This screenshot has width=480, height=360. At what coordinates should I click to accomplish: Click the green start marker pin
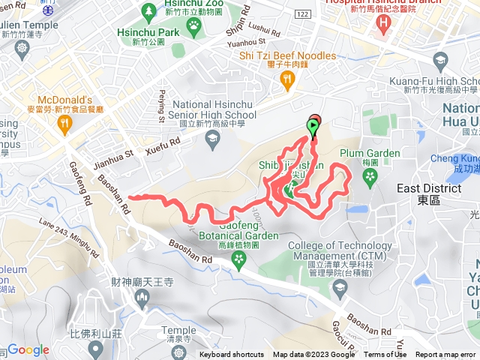tap(312, 127)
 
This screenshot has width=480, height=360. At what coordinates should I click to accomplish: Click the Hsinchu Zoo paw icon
tap(194, 25)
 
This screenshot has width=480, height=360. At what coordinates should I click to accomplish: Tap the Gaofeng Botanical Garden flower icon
tap(239, 259)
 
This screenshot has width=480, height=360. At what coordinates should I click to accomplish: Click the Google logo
tap(28, 349)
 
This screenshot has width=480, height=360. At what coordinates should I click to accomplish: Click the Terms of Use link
tap(385, 355)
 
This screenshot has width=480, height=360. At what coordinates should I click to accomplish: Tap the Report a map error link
tap(447, 355)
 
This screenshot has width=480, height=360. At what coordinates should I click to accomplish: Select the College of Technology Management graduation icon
tap(339, 286)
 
